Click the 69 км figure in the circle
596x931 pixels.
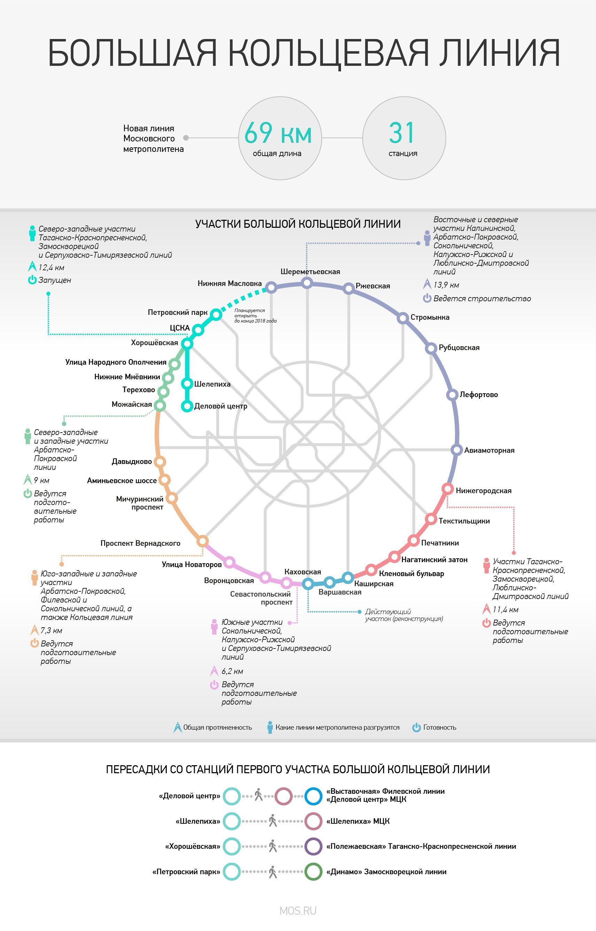[278, 133]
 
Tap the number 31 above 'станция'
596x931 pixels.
[402, 133]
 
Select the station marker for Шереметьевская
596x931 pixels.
[307, 283]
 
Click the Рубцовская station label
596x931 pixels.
[459, 348]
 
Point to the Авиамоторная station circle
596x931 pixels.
[457, 450]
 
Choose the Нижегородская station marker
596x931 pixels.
[447, 489]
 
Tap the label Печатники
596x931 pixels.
[440, 543]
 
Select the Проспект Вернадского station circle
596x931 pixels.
[202, 541]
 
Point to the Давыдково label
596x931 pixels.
[132, 461]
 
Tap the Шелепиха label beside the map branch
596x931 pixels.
[212, 384]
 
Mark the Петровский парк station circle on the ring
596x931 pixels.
[216, 315]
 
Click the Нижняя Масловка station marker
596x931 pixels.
[271, 287]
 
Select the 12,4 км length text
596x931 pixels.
[52, 267]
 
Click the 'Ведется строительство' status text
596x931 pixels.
[482, 298]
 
